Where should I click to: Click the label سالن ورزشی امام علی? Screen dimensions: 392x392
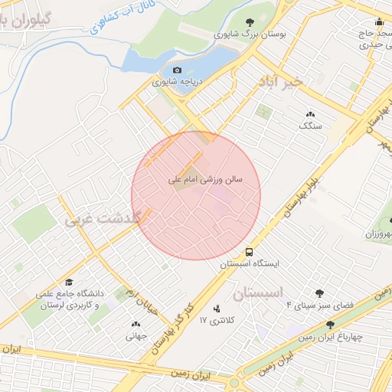(205, 181)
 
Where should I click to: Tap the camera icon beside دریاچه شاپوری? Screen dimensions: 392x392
(178, 70)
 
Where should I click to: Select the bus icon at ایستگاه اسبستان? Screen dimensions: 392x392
(250, 252)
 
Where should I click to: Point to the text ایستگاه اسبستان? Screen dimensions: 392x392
(250, 263)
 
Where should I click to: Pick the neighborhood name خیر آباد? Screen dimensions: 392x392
(281, 80)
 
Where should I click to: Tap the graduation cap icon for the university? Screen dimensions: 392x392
(69, 283)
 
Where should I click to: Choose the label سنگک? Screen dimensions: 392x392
(310, 125)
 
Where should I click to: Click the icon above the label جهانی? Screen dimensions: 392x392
(136, 324)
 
